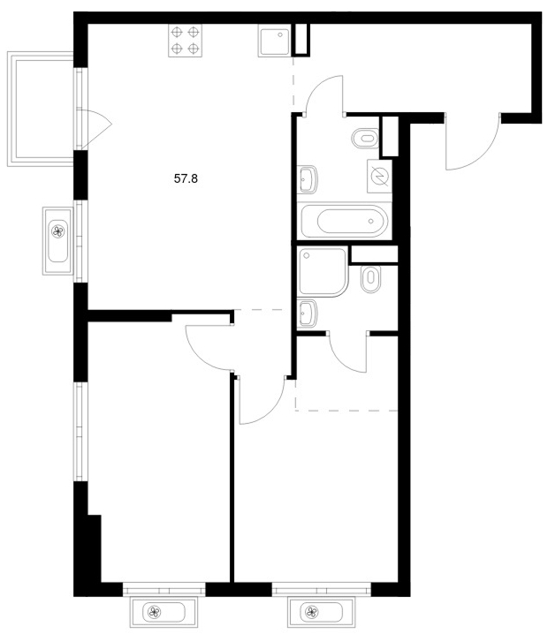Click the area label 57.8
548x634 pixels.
tap(186, 178)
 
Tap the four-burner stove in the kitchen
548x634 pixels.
tap(185, 41)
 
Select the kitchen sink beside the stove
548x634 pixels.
tap(274, 41)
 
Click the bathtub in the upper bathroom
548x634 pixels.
tap(344, 221)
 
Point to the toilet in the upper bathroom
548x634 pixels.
tap(365, 139)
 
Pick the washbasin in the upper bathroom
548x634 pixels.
tap(308, 179)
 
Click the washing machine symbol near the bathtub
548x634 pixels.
tap(380, 176)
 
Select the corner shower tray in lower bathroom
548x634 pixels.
tap(323, 272)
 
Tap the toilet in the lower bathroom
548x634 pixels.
tap(371, 278)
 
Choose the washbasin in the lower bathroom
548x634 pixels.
tap(308, 313)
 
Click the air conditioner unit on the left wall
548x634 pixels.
tap(57, 241)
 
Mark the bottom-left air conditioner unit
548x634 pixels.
tap(164, 612)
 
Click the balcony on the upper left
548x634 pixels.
tap(41, 109)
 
